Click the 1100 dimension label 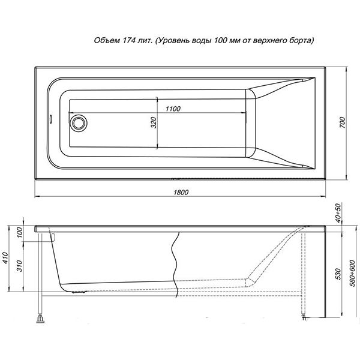pyautogui.click(x=172, y=108)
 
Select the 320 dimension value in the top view pyautogui.click(x=154, y=124)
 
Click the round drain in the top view pyautogui.click(x=79, y=123)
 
